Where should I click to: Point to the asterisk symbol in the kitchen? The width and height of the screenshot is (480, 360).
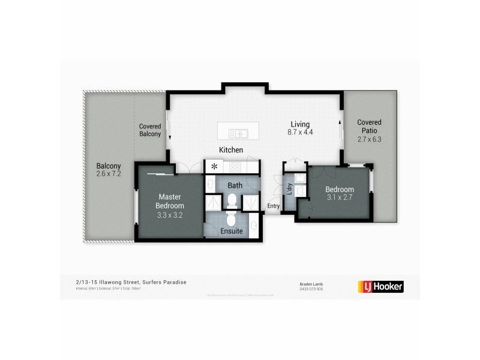[x=213, y=167]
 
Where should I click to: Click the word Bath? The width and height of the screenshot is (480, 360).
[x=234, y=185]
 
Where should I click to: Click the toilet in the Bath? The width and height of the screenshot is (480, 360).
[x=232, y=199]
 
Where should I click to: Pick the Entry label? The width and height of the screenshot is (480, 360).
[x=274, y=206]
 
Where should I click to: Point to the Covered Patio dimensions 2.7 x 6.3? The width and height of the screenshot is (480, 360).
[x=369, y=139]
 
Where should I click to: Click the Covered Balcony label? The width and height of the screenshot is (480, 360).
[x=150, y=130]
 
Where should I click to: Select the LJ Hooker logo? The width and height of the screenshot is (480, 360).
[x=380, y=286]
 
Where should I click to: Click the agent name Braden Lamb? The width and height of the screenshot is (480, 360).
[x=312, y=284]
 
